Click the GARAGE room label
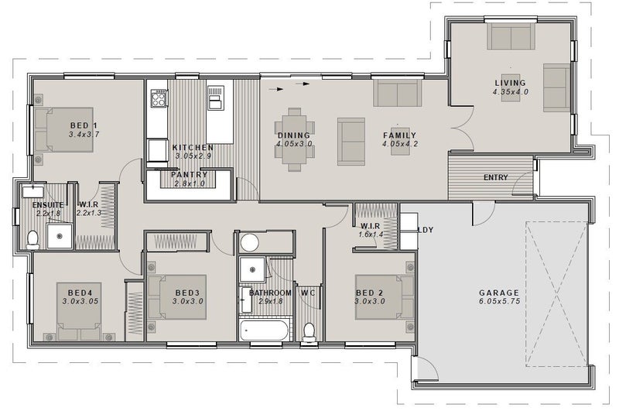tap(499, 293)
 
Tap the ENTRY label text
tap(495, 178)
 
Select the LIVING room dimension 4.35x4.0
tap(510, 91)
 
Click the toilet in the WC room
tap(309, 332)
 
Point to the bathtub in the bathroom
tap(265, 331)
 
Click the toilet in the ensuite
tap(32, 240)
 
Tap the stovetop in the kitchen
tap(159, 98)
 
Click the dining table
tap(295, 140)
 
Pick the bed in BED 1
tap(64, 129)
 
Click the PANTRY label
tap(189, 174)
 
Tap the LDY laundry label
tap(426, 230)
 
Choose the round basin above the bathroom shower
tap(249, 242)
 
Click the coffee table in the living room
tap(511, 87)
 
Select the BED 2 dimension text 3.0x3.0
tap(369, 301)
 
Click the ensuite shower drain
tap(60, 237)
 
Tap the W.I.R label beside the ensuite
tap(88, 205)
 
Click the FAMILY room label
tap(399, 135)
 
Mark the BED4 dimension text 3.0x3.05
tap(80, 301)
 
